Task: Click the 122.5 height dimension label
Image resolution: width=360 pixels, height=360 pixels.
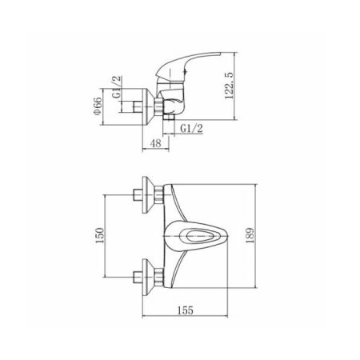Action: (x=229, y=86)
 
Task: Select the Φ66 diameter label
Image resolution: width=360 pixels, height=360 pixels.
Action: (x=98, y=106)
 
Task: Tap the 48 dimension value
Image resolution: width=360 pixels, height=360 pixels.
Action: (x=156, y=143)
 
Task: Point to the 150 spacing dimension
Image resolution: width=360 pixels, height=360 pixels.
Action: (x=99, y=235)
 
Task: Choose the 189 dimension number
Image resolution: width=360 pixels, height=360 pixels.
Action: (x=250, y=235)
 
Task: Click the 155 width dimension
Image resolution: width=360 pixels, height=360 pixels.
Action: (x=186, y=310)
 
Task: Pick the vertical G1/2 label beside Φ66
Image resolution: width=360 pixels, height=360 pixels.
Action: (x=117, y=87)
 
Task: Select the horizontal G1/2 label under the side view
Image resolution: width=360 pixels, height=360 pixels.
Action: (x=191, y=129)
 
